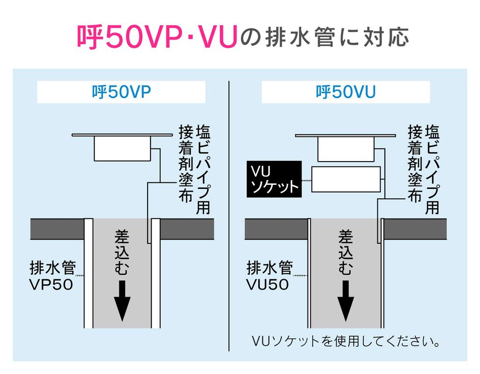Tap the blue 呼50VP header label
point(121,92)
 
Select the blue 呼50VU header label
point(345,92)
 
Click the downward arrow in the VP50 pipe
point(121,300)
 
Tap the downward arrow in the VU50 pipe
point(345,300)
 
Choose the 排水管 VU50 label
point(269,276)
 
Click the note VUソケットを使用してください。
point(346,341)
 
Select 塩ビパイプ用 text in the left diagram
point(203,169)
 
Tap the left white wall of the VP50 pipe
point(88,274)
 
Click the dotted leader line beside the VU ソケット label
point(306,180)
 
